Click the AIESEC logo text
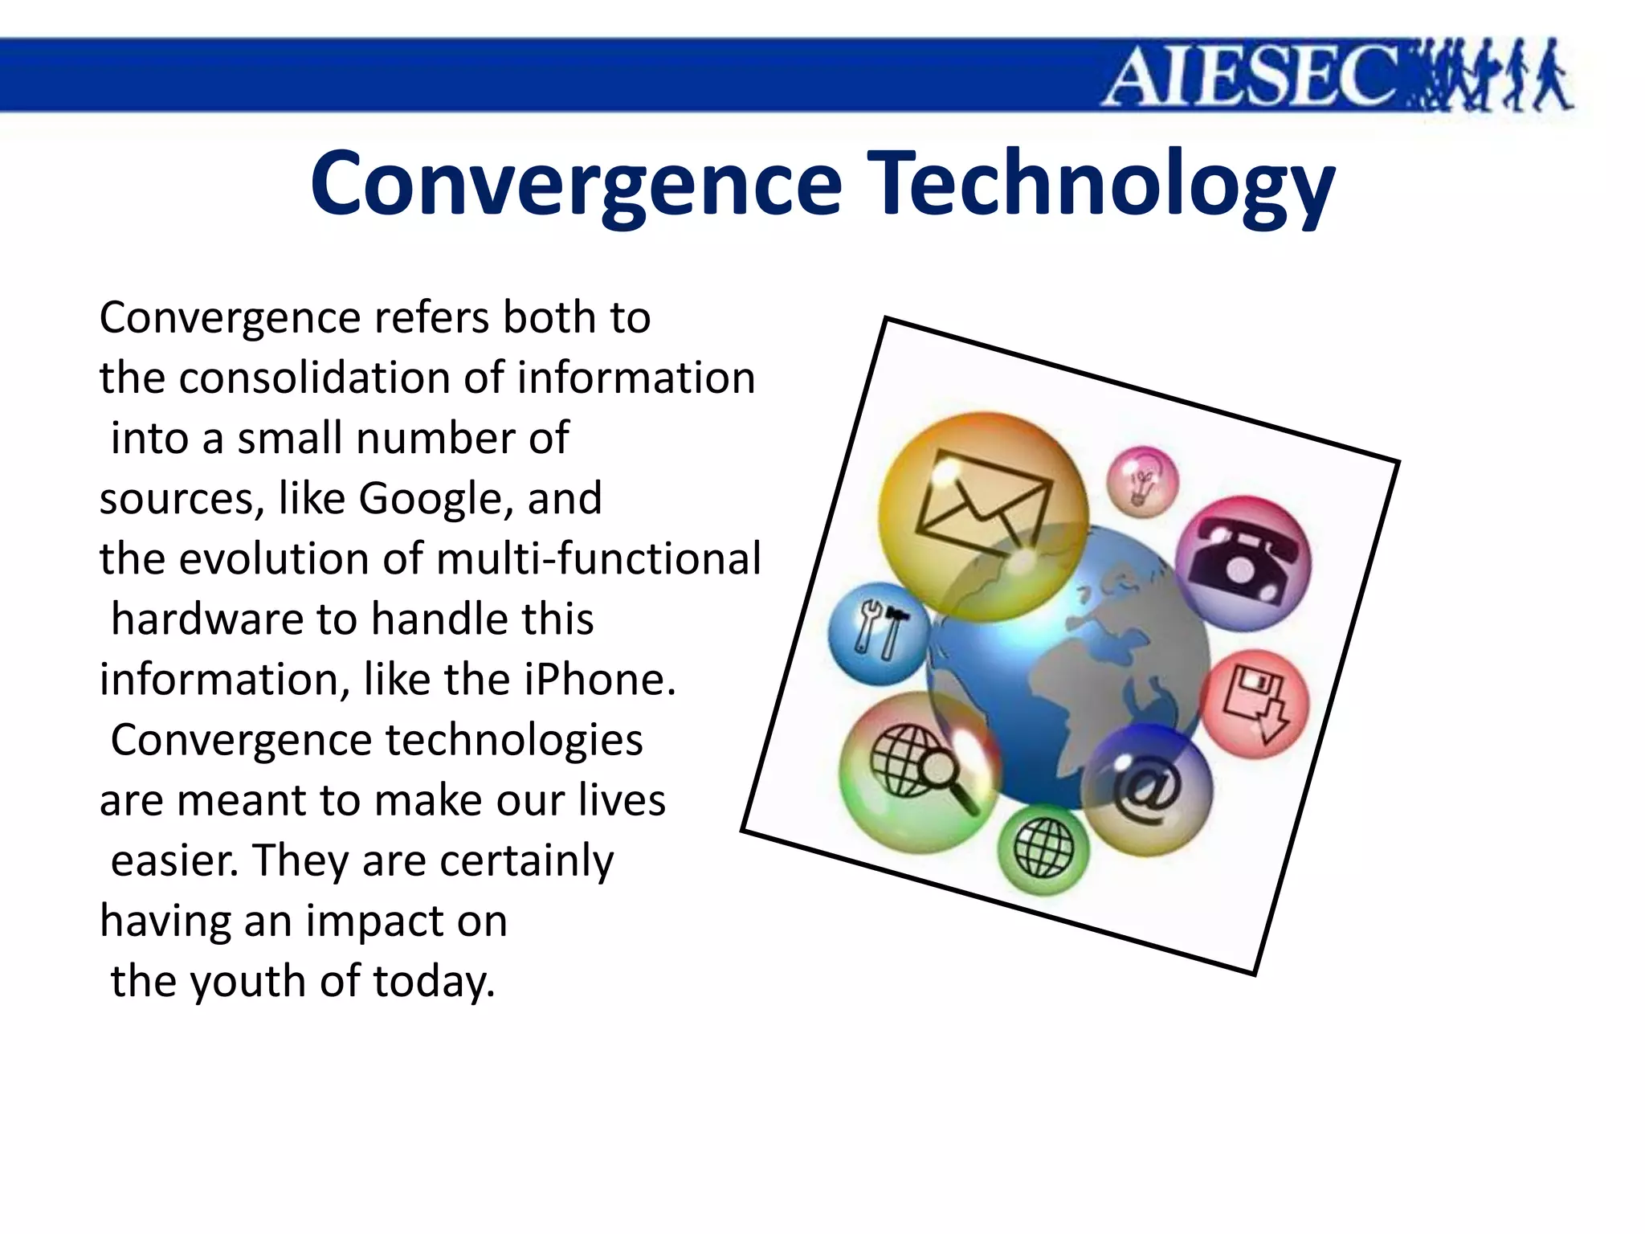tap(1253, 76)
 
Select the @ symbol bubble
tap(1147, 791)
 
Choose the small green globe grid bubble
tap(1043, 849)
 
